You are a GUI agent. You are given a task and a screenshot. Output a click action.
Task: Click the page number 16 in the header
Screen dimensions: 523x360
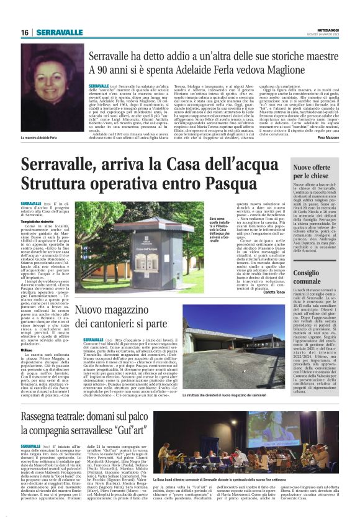click(x=25, y=33)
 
